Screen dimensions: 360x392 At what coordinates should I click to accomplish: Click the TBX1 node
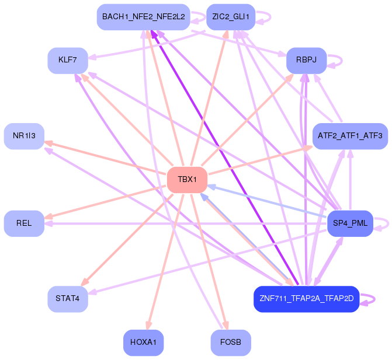pos(188,180)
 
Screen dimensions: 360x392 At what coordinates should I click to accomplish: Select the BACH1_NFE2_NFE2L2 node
pos(143,17)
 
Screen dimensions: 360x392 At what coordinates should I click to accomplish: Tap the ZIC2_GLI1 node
pos(231,17)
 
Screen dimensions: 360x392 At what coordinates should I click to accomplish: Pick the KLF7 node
pos(68,61)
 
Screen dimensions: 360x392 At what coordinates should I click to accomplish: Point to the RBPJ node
pos(306,61)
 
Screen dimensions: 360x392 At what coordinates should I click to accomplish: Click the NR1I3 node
pos(24,136)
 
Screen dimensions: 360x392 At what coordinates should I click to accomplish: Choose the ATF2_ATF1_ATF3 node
pos(350,136)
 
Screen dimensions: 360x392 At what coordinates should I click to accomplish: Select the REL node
pos(24,223)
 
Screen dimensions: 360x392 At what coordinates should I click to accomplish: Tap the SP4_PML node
pos(350,223)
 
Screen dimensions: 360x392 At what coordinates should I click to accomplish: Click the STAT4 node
pos(68,299)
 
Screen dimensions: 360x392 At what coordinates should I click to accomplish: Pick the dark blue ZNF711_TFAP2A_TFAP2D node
pos(306,299)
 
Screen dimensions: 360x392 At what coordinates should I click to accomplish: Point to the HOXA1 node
pos(143,342)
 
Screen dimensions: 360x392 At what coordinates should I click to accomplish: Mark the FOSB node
pos(231,342)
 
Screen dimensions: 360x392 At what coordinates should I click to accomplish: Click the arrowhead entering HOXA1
pos(148,326)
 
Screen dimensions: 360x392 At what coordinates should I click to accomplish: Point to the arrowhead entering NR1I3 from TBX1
pos(48,142)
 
